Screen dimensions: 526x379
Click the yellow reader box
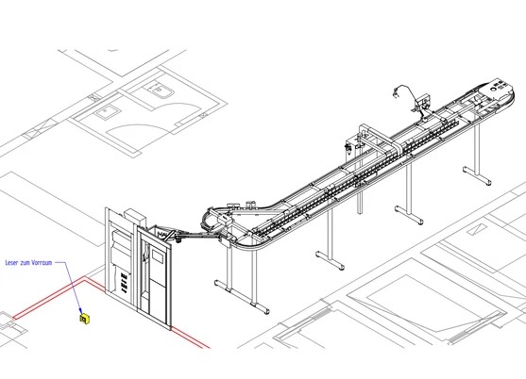[x=85, y=319]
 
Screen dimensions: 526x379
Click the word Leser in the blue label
[x=11, y=263]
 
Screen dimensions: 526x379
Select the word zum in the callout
[x=25, y=263]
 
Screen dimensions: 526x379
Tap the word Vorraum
[x=42, y=263]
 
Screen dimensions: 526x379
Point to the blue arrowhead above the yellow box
[x=80, y=311]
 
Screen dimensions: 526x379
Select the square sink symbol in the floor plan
[x=107, y=111]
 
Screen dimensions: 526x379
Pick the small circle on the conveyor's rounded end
[x=493, y=89]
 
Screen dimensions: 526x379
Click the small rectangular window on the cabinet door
[x=158, y=256]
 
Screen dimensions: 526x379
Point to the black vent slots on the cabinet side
[x=124, y=282]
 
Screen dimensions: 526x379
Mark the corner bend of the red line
[x=85, y=278]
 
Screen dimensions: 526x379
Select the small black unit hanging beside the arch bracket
[x=348, y=148]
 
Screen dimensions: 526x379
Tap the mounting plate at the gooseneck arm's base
[x=424, y=102]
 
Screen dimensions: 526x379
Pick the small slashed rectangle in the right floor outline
[x=477, y=229]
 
